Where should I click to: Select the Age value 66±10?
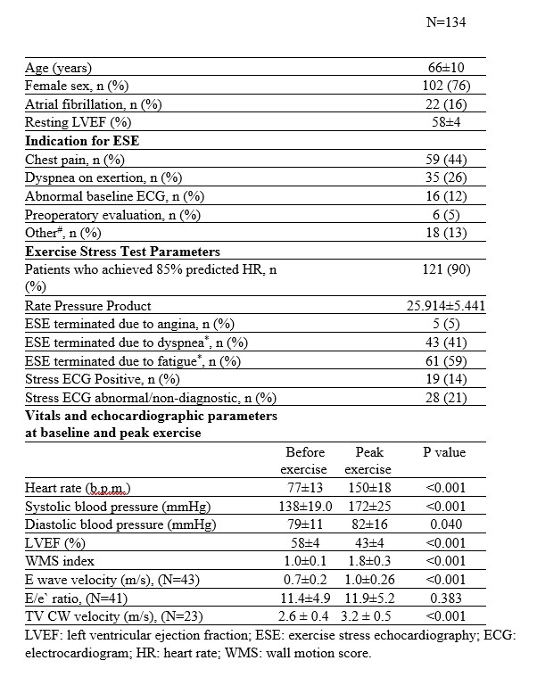click(444, 68)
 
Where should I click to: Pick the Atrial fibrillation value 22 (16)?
click(444, 103)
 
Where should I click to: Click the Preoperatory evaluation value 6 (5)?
click(444, 214)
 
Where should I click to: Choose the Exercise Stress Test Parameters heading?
click(122, 252)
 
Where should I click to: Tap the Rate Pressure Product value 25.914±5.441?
click(444, 306)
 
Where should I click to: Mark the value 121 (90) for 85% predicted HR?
click(444, 269)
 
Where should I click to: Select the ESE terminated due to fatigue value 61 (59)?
click(444, 361)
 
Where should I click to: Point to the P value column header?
click(444, 452)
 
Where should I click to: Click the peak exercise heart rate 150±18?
click(368, 488)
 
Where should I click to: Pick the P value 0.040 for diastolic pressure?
click(444, 525)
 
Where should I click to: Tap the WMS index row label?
click(59, 562)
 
